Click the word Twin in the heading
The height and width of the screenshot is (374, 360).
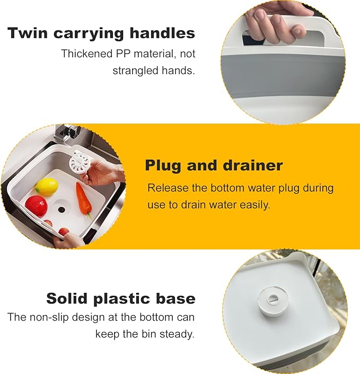pos(27,33)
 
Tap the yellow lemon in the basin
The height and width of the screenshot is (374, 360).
pos(47,186)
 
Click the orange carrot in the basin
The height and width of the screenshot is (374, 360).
pos(84,197)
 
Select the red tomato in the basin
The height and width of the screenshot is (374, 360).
pos(36,205)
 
